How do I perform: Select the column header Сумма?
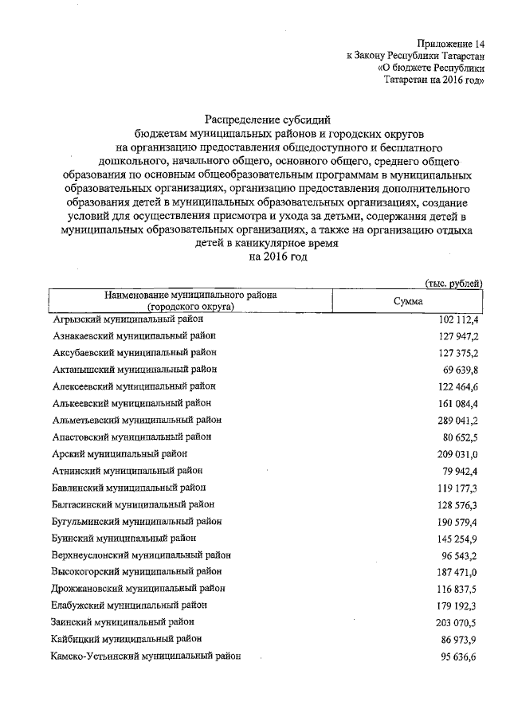pyautogui.click(x=413, y=300)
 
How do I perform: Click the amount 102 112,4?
pyautogui.click(x=456, y=319)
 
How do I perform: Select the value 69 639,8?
pyautogui.click(x=460, y=370)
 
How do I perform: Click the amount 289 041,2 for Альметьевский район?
pyautogui.click(x=456, y=420)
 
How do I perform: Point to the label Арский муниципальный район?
pyautogui.click(x=119, y=453)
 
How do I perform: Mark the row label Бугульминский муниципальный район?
pyautogui.click(x=136, y=521)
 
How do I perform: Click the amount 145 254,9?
pyautogui.click(x=456, y=538)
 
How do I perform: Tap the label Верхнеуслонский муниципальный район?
pyautogui.click(x=141, y=554)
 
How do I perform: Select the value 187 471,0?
pyautogui.click(x=456, y=571)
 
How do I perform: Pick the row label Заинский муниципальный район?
pyautogui.click(x=122, y=621)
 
